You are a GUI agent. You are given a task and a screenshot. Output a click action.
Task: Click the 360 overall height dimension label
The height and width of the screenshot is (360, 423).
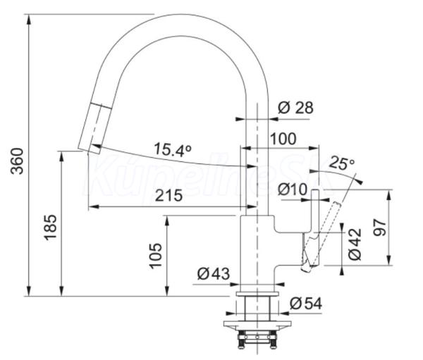click(17, 161)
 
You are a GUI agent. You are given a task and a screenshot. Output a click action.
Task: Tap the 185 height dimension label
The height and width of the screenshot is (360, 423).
click(51, 227)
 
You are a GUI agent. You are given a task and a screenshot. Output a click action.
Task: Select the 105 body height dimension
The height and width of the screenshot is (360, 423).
click(156, 256)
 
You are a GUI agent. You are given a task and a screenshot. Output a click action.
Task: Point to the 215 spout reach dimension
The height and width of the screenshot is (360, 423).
click(168, 196)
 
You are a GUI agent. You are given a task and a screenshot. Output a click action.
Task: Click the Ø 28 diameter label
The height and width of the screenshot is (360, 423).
click(295, 108)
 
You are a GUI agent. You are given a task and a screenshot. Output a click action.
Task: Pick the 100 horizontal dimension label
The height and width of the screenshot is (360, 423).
click(283, 139)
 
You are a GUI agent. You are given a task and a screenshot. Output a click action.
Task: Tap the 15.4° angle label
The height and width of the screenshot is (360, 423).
click(173, 150)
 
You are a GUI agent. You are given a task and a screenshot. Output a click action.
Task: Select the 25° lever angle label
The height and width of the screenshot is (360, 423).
click(341, 163)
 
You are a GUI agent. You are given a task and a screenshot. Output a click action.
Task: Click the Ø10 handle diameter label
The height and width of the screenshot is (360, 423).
click(293, 189)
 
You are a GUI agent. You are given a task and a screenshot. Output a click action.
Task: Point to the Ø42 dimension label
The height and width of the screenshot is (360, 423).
click(355, 244)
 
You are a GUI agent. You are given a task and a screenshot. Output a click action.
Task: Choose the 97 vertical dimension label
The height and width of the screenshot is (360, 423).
click(379, 228)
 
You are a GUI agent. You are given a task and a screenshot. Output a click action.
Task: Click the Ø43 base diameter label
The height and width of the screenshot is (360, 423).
click(214, 274)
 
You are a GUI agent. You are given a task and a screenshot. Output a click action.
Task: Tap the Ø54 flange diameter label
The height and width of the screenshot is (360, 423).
click(306, 304)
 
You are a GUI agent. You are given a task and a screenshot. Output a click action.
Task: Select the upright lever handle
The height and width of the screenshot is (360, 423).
click(315, 211)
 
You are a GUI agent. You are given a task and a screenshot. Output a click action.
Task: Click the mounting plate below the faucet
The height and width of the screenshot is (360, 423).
click(257, 324)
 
